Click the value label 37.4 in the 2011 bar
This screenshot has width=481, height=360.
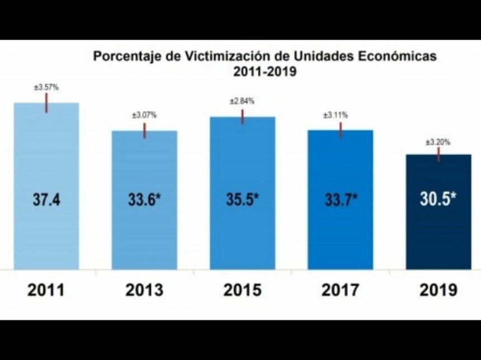(46, 200)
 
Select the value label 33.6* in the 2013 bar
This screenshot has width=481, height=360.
(144, 200)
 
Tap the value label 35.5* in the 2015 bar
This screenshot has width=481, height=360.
(243, 200)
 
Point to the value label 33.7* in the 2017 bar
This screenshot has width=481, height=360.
(341, 200)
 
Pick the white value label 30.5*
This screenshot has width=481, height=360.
(438, 200)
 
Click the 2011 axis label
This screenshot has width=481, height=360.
(46, 291)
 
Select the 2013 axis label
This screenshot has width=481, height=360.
(144, 291)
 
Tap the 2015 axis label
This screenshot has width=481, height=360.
(243, 291)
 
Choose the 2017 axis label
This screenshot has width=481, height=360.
(341, 291)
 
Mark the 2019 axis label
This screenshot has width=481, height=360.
(438, 291)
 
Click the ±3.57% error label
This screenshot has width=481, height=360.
(46, 87)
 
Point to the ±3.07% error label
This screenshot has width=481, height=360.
(144, 115)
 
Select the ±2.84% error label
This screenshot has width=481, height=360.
(242, 101)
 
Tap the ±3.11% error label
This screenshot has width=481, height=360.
(336, 115)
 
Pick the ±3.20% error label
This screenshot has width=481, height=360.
(438, 143)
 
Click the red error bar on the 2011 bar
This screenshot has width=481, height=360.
(46, 103)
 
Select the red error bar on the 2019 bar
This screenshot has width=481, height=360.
(438, 155)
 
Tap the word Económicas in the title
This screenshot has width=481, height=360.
(403, 57)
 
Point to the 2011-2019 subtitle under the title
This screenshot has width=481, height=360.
(265, 72)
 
